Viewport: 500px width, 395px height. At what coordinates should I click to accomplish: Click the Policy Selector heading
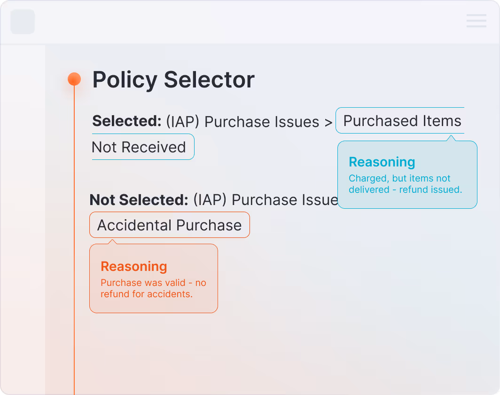[173, 80]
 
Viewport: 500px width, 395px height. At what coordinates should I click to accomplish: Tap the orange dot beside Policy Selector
[74, 79]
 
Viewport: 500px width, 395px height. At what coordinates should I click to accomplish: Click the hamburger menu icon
[476, 21]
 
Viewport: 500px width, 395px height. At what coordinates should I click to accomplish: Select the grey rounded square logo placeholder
[23, 22]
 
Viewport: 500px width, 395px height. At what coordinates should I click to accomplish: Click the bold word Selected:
[127, 121]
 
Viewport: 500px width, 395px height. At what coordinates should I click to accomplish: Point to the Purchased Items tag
[402, 121]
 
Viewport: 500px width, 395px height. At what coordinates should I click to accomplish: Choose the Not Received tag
[139, 147]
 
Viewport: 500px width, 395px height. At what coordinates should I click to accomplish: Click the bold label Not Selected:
[139, 200]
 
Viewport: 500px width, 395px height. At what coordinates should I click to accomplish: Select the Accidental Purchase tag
[169, 225]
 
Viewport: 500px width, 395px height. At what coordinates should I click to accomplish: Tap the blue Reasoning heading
[382, 162]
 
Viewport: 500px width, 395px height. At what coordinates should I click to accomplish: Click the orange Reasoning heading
[134, 267]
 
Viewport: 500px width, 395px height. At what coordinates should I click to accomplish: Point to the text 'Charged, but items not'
[399, 179]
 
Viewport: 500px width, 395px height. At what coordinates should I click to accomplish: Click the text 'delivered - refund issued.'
[405, 190]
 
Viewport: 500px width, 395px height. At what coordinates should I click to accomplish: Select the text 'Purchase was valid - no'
[153, 283]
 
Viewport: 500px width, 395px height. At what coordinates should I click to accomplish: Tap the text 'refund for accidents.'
[147, 294]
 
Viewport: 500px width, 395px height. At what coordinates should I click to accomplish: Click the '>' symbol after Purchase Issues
[328, 122]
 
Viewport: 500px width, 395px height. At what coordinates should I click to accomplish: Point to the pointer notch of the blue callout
[452, 138]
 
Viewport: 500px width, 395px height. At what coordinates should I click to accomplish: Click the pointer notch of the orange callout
[112, 242]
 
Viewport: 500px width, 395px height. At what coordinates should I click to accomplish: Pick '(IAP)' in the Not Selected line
[210, 200]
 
